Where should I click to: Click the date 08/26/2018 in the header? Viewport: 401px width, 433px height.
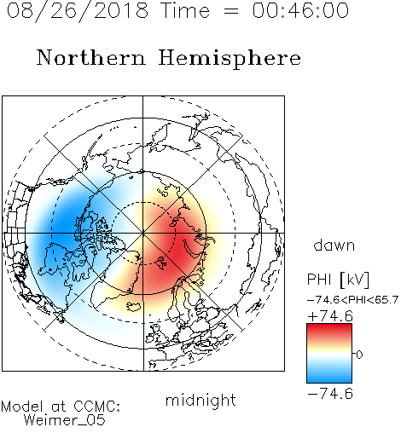click(x=78, y=11)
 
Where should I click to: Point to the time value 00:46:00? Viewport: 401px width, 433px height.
click(x=300, y=10)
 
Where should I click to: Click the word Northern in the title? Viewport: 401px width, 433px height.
click(x=91, y=58)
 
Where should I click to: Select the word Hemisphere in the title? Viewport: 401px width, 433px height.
click(x=230, y=59)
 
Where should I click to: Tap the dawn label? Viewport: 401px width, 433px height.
click(x=334, y=245)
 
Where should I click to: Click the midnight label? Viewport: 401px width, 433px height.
click(x=200, y=401)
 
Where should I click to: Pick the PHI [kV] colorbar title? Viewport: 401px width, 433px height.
click(x=338, y=280)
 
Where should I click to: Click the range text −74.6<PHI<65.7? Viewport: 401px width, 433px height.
click(x=352, y=300)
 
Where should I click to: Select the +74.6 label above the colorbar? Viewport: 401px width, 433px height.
click(x=330, y=316)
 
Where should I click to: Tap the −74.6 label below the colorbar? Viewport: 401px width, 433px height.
click(x=330, y=394)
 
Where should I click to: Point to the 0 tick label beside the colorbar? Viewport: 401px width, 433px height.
click(x=359, y=355)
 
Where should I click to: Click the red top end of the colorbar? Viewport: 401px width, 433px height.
click(x=329, y=327)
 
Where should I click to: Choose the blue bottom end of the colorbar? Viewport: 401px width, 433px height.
click(x=329, y=379)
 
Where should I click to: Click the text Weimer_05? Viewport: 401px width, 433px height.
click(x=65, y=420)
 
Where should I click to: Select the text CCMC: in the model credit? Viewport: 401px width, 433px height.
click(x=97, y=407)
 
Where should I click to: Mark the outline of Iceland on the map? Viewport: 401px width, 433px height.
click(x=135, y=307)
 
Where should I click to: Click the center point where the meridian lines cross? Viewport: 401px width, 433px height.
click(x=143, y=233)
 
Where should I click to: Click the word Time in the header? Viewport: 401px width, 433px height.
click(x=185, y=11)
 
